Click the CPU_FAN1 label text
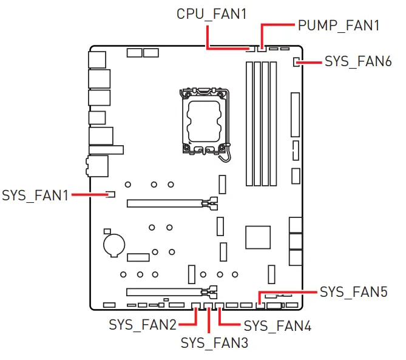212,13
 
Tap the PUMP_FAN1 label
339,25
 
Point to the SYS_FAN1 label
35,195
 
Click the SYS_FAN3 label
214,342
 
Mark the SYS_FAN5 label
353,292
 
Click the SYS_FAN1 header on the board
110,195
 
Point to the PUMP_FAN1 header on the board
262,49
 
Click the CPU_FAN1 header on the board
249,49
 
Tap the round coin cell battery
113,244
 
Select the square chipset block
258,237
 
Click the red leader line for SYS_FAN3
209,322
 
